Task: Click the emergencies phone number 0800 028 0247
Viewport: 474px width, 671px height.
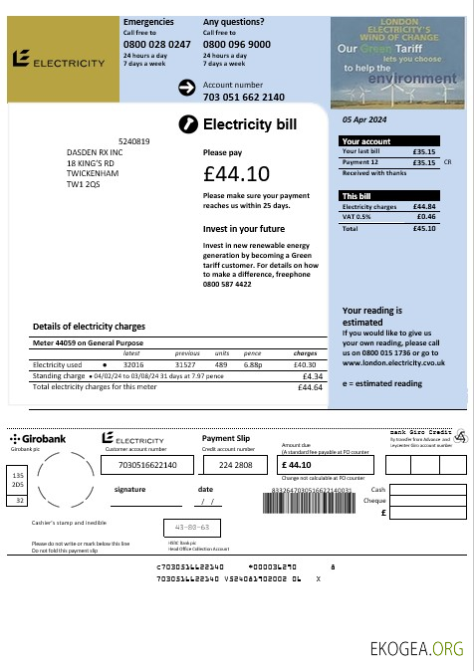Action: point(156,45)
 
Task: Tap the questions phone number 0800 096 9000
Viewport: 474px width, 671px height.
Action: point(236,45)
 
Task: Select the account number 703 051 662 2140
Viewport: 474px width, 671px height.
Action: point(243,97)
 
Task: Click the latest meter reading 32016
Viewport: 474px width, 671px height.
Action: point(133,365)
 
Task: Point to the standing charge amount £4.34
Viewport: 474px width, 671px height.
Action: point(312,376)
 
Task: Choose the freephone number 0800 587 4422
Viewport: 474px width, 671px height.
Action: point(234,284)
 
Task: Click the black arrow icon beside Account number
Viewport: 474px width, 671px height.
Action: point(186,89)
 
